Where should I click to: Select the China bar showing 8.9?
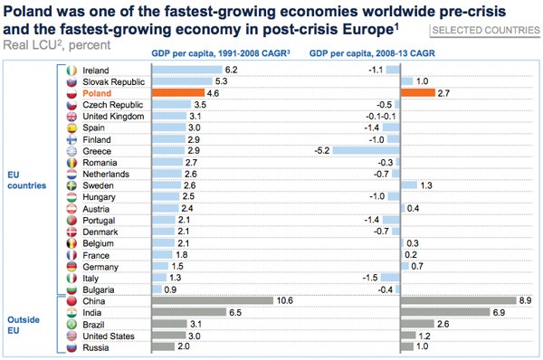[x=458, y=300]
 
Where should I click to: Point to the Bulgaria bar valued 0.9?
[x=157, y=289]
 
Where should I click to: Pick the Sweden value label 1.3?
[x=427, y=185]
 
